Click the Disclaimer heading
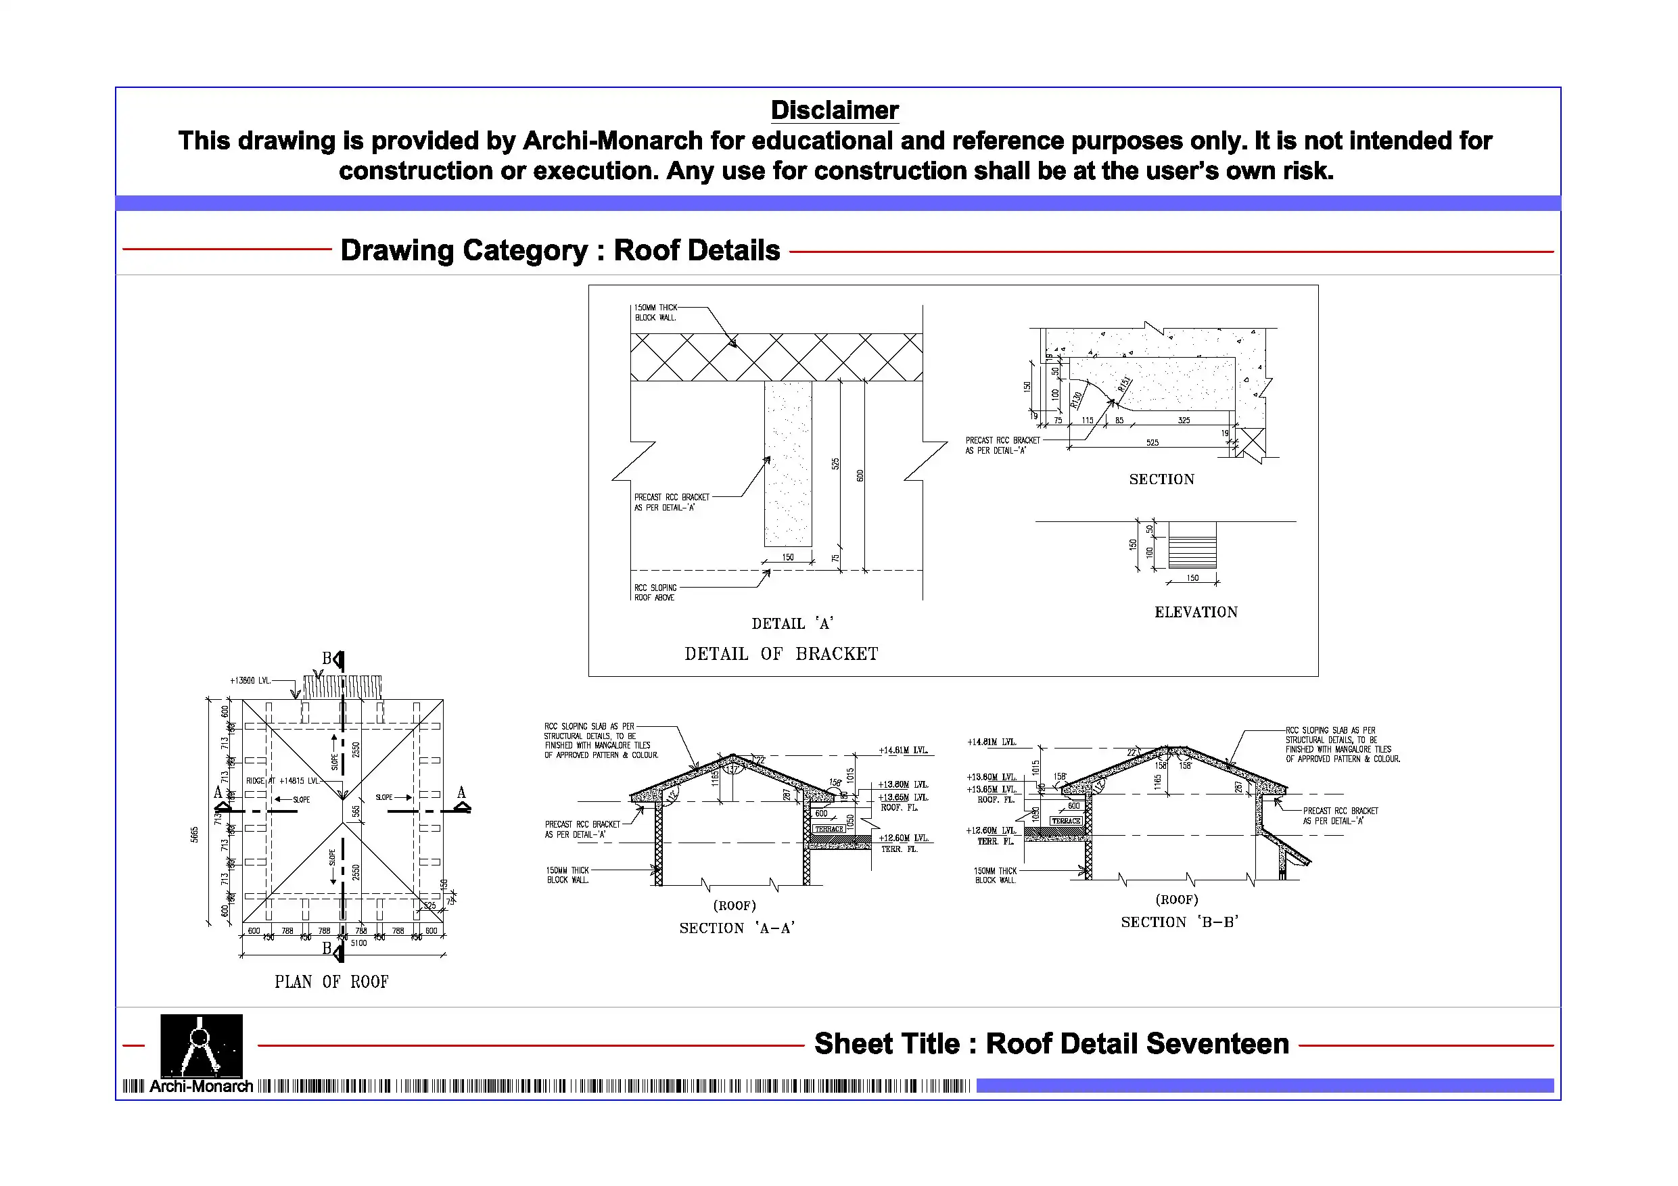[834, 110]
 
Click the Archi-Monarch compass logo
[201, 1046]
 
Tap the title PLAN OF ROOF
[331, 981]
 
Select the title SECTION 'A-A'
[737, 928]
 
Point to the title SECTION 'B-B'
[1179, 922]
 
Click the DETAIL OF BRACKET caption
[780, 653]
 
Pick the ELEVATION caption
[1196, 613]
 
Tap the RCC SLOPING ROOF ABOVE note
[655, 592]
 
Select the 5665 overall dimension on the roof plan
[194, 834]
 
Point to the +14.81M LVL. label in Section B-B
[991, 742]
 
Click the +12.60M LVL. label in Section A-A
[904, 838]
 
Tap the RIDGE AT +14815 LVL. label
[283, 781]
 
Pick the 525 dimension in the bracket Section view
[1152, 443]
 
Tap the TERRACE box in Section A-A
[829, 830]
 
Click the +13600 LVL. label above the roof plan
[250, 681]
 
